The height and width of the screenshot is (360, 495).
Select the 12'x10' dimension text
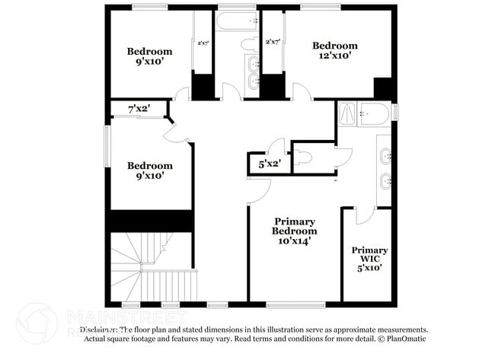click(x=334, y=56)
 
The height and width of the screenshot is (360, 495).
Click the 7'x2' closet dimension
click(x=138, y=110)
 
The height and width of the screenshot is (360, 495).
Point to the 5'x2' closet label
click(x=270, y=164)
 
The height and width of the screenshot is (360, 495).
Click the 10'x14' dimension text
click(x=295, y=240)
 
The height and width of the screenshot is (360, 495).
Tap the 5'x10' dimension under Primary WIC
click(x=369, y=267)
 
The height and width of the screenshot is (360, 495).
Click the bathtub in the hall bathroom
click(x=237, y=21)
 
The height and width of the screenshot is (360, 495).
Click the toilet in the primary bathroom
click(x=305, y=158)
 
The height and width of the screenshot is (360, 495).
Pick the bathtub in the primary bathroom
click(x=374, y=114)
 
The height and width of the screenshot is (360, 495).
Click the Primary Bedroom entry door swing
click(x=259, y=190)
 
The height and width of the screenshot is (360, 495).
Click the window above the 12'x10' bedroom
click(x=320, y=7)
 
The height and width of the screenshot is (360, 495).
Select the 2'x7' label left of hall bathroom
click(x=203, y=43)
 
